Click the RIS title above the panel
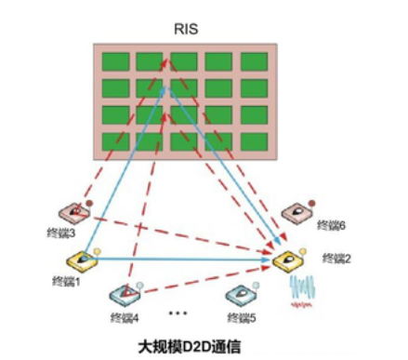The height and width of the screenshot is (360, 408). click(186, 29)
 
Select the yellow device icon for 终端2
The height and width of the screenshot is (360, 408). click(288, 260)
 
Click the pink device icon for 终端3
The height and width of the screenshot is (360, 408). click(74, 213)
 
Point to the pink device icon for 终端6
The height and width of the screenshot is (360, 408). click(296, 213)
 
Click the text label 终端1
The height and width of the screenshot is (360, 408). click(66, 282)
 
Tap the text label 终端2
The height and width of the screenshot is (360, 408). click(336, 258)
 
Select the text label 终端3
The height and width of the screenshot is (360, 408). click(61, 233)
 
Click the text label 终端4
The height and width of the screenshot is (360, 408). click(125, 318)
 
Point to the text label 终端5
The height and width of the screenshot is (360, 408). click(242, 317)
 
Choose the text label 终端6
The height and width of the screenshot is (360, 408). click(331, 225)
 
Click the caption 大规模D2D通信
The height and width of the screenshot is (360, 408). click(190, 346)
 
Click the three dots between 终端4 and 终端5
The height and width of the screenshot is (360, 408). click(178, 313)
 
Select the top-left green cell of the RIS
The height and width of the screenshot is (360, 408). click(116, 61)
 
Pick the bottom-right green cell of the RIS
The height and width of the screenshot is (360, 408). click(254, 142)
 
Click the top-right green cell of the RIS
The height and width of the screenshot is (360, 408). click(254, 61)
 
